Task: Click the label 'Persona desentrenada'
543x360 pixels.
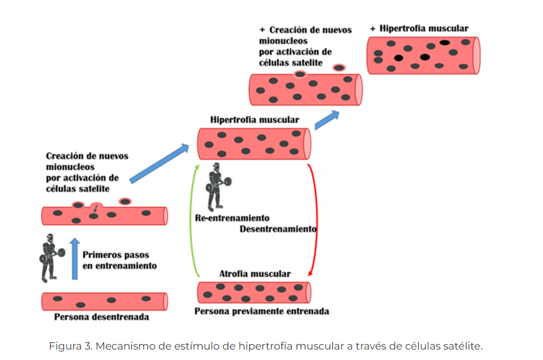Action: [x=101, y=317]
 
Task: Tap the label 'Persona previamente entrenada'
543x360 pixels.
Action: [x=262, y=311]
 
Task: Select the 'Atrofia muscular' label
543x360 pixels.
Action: [x=255, y=274]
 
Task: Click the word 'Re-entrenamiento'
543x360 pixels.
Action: [x=232, y=218]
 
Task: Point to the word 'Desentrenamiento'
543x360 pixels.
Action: [x=278, y=229]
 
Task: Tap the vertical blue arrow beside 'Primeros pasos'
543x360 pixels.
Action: [x=75, y=259]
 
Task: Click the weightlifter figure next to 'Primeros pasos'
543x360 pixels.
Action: [x=51, y=258]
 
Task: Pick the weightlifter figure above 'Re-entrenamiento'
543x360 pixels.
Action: [x=218, y=187]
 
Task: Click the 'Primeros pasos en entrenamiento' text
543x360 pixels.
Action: [x=119, y=260]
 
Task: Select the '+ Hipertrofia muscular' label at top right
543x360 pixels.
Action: [x=419, y=29]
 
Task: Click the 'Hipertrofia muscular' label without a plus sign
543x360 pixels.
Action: [x=255, y=120]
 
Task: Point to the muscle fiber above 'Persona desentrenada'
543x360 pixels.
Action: [x=105, y=302]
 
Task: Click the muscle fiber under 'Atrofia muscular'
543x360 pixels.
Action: [x=254, y=293]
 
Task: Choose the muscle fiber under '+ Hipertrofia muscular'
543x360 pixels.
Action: [x=424, y=56]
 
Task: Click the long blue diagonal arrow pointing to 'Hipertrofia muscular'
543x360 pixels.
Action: [x=160, y=163]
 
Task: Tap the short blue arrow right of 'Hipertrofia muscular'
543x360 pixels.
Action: [x=327, y=120]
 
